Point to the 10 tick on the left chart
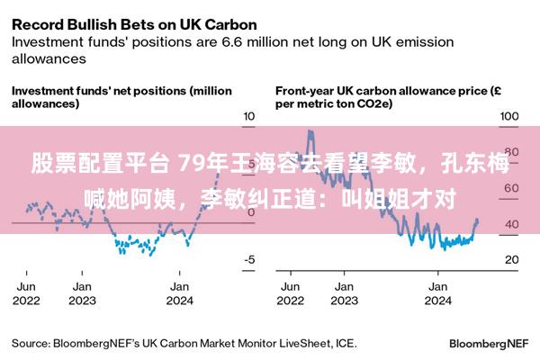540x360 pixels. (x=250, y=116)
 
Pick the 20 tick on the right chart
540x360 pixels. (x=511, y=259)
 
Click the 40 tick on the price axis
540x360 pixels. (x=511, y=223)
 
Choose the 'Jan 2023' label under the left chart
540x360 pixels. (x=83, y=292)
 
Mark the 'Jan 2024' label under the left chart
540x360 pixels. (x=179, y=292)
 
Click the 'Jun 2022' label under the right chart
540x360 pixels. (x=292, y=292)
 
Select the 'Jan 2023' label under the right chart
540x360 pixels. (x=342, y=292)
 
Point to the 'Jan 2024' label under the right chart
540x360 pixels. (x=437, y=292)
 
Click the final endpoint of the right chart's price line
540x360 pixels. (x=477, y=220)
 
